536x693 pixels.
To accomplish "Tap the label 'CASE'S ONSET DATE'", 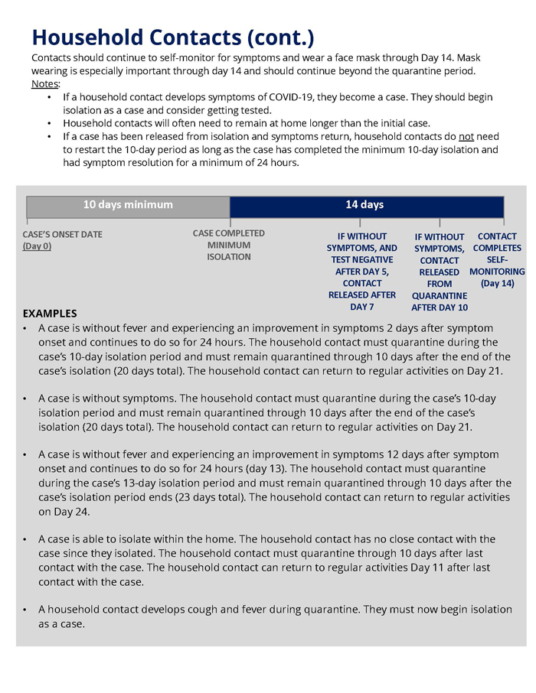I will [x=62, y=234].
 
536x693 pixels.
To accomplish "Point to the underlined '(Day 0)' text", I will [x=37, y=246].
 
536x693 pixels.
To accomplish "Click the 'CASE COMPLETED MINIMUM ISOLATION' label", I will [x=229, y=245].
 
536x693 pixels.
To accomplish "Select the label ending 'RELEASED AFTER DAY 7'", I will [x=361, y=272].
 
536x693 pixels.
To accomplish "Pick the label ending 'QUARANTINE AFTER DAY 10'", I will [x=440, y=272].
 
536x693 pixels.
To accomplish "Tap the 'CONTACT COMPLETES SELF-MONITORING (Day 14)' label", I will [x=497, y=259].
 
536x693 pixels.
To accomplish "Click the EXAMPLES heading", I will [x=50, y=313].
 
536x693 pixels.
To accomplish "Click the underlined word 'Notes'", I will [x=44, y=83].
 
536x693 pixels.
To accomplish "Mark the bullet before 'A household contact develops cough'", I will [x=26, y=610].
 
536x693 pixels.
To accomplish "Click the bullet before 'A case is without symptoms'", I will [x=26, y=399].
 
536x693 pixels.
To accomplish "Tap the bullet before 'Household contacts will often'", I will [x=50, y=123].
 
